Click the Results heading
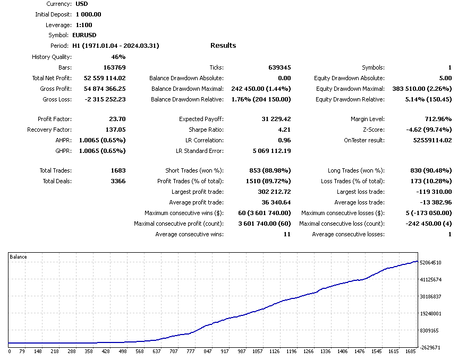[223, 46]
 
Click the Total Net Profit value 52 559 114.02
[105, 78]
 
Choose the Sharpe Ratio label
[206, 130]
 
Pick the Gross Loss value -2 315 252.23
[105, 99]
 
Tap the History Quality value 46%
[118, 57]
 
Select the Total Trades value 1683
[117, 171]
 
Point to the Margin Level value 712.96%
[435, 119]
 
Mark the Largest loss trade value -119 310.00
[431, 192]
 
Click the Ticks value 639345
[279, 67]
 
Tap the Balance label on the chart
[19, 257]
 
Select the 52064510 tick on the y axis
[431, 262]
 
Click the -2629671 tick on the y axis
[431, 347]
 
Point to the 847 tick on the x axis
[208, 351]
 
